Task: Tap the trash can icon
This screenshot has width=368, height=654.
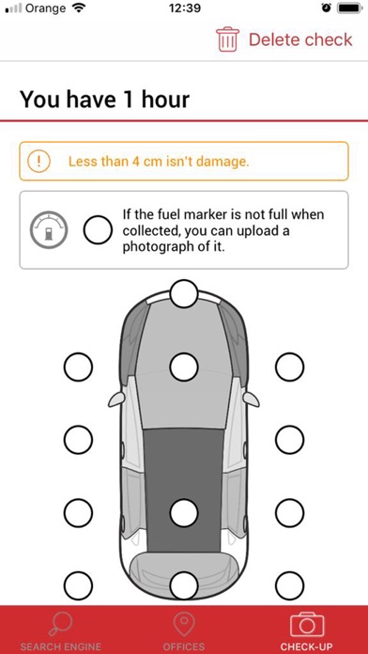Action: pos(227,39)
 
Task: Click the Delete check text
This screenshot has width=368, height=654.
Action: pos(300,39)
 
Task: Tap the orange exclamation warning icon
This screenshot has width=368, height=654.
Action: pos(39,161)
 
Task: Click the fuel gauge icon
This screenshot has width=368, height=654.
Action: pos(48,230)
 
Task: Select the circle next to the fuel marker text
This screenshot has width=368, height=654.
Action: pos(98,230)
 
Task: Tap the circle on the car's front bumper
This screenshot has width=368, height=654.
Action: pos(184,293)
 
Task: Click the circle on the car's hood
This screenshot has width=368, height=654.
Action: pos(184,366)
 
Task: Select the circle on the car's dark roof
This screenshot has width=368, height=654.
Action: pos(184,512)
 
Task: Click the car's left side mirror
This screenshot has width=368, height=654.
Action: pos(117,399)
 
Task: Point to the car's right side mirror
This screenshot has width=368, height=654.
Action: pos(251,399)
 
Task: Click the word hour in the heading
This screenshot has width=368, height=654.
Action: pos(165,100)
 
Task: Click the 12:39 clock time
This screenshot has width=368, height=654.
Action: pos(185,8)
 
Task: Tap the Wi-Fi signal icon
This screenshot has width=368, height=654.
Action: pos(78,8)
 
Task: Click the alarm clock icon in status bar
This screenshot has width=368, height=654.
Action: pos(327,8)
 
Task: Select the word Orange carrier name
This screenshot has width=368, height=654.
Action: pos(46,8)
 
